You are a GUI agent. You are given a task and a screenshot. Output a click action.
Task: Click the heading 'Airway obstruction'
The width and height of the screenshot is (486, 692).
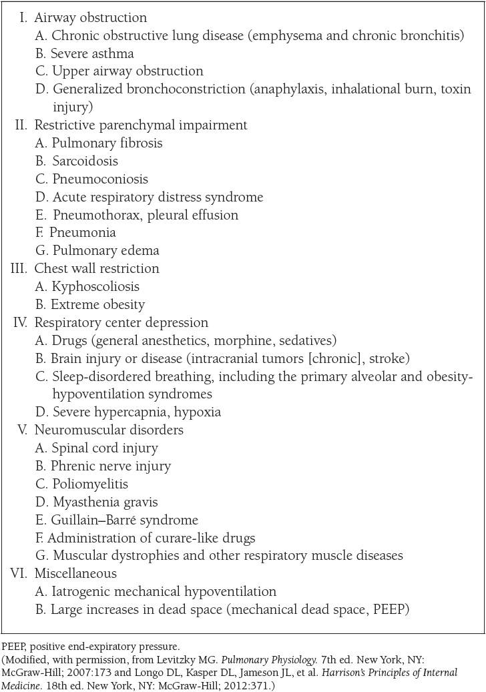tap(90, 17)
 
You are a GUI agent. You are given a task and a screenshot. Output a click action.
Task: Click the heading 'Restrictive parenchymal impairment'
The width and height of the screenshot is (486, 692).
tap(140, 125)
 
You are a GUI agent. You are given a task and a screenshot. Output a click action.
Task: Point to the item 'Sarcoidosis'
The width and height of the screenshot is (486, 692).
tap(85, 161)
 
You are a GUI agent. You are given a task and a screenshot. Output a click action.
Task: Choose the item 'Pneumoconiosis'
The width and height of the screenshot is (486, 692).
tap(100, 179)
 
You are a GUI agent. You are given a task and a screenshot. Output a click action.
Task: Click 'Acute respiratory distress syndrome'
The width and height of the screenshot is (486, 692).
tap(158, 197)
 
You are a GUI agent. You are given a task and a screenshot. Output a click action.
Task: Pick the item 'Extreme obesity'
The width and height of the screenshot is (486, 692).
tap(98, 304)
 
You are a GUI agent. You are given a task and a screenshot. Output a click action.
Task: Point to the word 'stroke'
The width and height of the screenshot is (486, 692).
tap(389, 358)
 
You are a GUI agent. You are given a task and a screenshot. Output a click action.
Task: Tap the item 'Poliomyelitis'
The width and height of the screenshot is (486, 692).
tap(89, 484)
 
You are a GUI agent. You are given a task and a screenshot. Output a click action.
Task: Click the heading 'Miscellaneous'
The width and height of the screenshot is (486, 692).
tap(75, 573)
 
